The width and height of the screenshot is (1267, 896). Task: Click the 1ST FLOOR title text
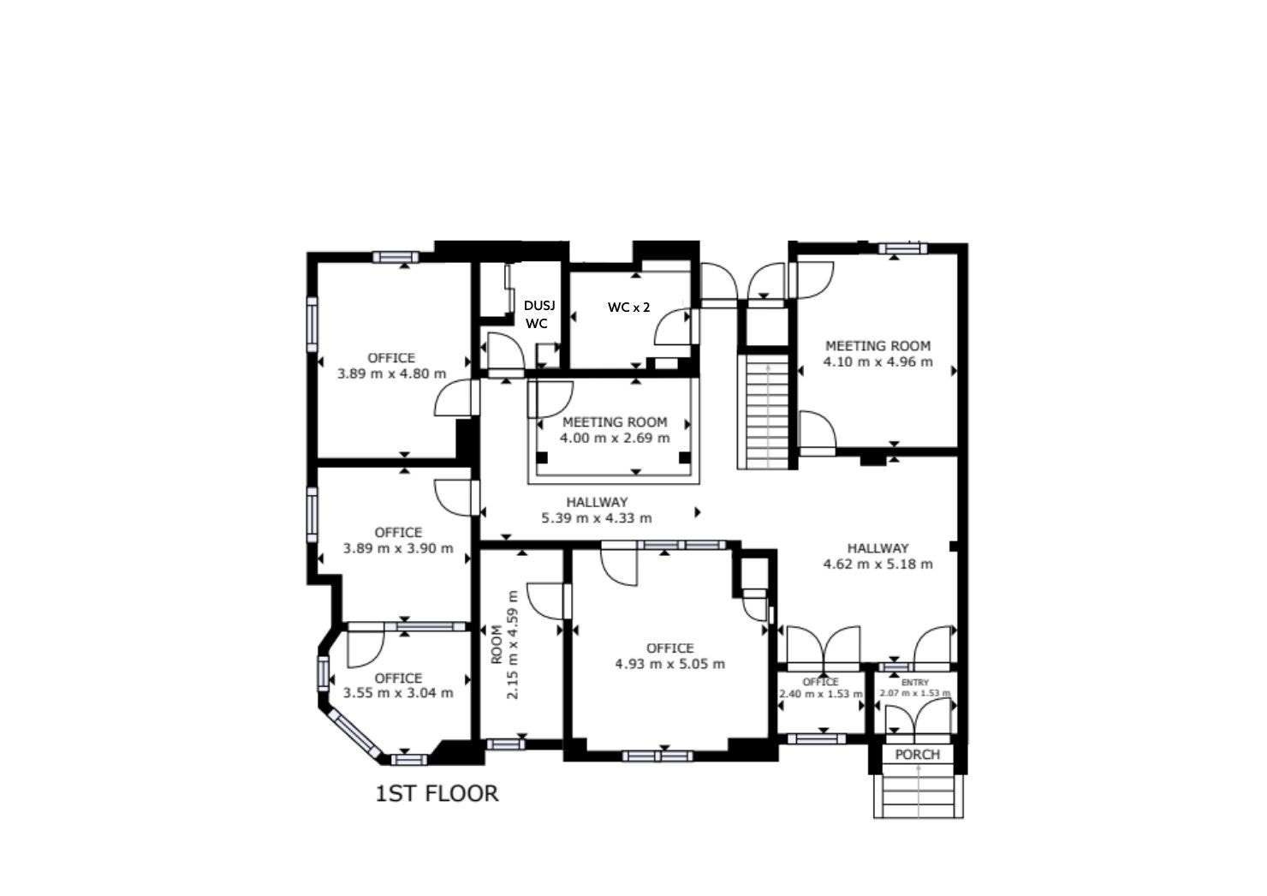(x=437, y=793)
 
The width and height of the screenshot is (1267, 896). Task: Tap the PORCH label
(x=918, y=755)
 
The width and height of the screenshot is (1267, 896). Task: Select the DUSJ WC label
(x=539, y=314)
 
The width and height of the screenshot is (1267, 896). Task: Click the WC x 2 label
(x=629, y=308)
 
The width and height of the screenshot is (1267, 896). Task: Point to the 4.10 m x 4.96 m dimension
(x=877, y=361)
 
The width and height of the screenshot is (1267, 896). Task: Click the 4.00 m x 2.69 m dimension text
(x=615, y=438)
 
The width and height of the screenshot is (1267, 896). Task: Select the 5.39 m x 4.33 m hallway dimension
(x=597, y=518)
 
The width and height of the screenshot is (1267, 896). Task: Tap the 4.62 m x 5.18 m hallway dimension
(x=877, y=564)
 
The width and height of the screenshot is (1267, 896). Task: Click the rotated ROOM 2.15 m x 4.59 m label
(x=504, y=645)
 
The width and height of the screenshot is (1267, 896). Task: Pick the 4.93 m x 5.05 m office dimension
(x=670, y=664)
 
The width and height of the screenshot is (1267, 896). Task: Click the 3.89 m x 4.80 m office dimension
(x=391, y=373)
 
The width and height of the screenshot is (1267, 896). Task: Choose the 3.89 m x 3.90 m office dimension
(x=398, y=548)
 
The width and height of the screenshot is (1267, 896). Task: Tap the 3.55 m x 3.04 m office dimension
(x=398, y=693)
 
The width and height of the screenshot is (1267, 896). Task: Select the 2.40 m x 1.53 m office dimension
(x=820, y=694)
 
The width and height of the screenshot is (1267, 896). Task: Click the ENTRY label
(x=914, y=683)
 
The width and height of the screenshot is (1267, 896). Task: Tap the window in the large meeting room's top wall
(x=902, y=248)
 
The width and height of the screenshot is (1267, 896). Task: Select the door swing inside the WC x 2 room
(x=673, y=326)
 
